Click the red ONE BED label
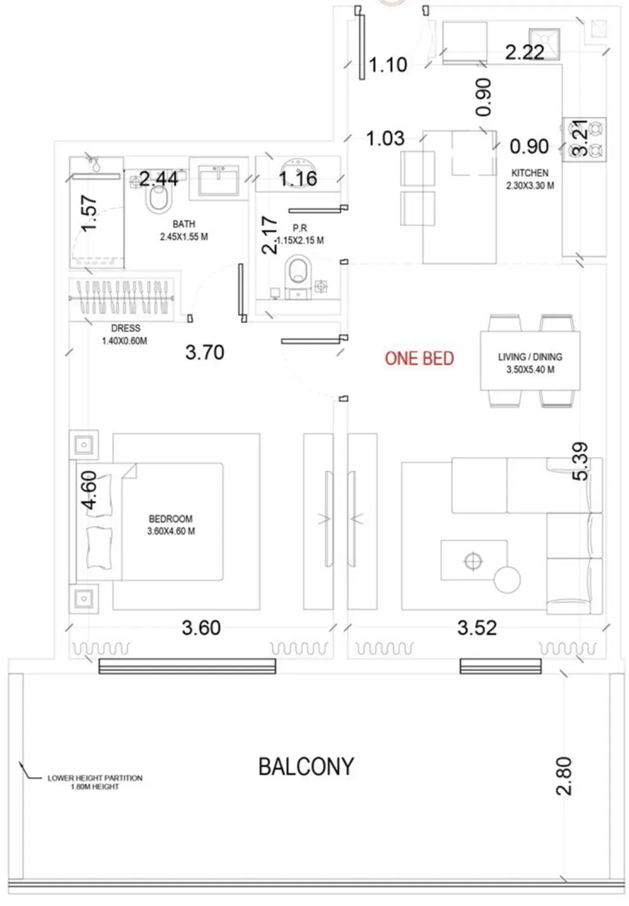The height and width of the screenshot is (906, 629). (419, 358)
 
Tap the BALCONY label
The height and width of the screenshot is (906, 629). (306, 767)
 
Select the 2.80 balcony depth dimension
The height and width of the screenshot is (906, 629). (564, 776)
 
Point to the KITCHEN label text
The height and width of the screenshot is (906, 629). (530, 173)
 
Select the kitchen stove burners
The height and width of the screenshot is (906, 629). (584, 140)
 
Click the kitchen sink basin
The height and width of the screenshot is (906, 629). (544, 44)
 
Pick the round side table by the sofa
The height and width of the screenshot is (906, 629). (507, 579)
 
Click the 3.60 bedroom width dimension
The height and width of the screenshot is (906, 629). (201, 628)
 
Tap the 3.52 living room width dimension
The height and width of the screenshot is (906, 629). (477, 628)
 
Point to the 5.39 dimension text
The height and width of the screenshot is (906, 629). (580, 461)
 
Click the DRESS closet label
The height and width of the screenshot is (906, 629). (126, 328)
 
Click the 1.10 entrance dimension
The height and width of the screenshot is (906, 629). (387, 65)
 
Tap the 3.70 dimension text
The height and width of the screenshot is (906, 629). (205, 352)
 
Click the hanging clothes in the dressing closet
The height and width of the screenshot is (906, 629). (122, 298)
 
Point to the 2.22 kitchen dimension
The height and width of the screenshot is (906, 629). (525, 52)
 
